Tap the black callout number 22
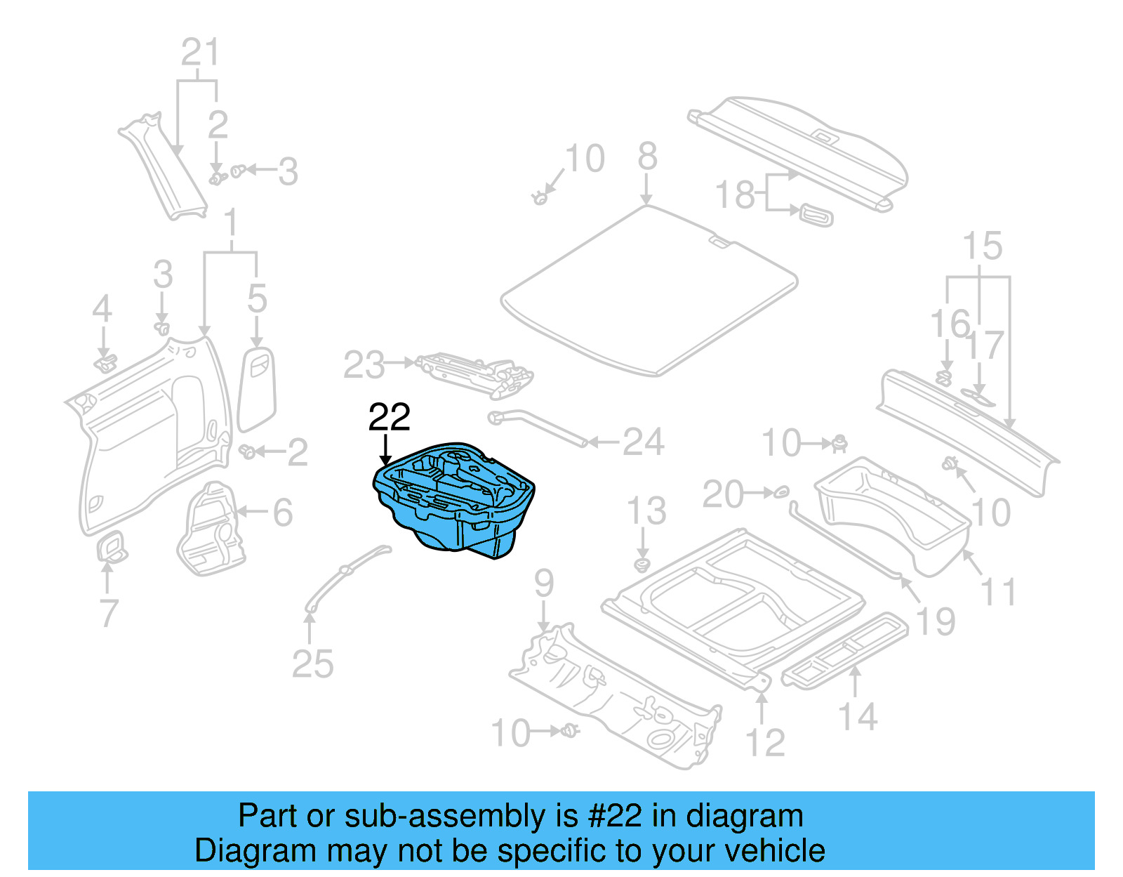point(389,418)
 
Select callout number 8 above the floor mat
point(647,157)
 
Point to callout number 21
point(200,53)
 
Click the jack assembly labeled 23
point(477,372)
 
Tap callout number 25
point(312,664)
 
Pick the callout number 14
point(858,717)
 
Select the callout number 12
point(764,743)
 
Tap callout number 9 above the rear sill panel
point(544,583)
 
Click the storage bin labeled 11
point(891,516)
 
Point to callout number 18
point(734,194)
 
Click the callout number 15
point(981,246)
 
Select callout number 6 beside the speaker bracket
point(282,513)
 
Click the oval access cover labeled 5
point(258,386)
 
